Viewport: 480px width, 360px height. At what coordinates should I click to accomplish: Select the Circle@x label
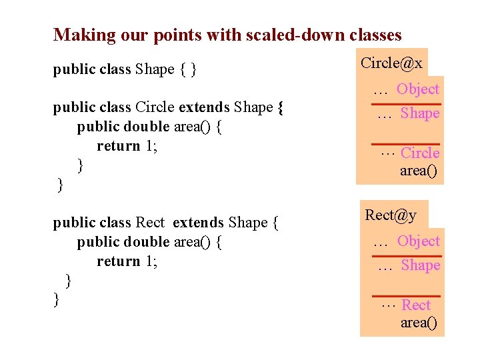391,63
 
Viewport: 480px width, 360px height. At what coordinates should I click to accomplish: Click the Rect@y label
391,215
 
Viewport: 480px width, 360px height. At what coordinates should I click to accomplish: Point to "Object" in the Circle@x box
418,89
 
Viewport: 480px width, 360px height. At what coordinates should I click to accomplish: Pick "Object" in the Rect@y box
419,241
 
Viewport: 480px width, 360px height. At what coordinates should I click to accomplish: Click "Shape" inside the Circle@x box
420,113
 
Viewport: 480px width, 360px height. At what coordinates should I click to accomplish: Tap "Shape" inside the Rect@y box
421,265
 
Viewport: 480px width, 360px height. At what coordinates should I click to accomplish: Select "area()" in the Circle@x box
419,171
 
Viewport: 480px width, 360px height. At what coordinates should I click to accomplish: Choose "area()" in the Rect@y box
419,323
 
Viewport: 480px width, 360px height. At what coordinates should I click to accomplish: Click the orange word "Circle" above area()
420,153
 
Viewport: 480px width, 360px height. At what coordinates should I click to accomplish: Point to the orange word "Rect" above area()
417,305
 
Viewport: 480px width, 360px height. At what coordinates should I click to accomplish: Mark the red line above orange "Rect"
405,295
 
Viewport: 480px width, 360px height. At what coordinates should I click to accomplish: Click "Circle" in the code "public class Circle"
155,107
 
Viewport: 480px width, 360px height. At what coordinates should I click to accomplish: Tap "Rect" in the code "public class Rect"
149,222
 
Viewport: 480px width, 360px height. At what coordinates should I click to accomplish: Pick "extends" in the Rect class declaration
198,222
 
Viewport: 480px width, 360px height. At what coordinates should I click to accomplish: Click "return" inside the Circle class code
118,146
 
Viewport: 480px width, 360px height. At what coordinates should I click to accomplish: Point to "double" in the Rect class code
147,241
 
